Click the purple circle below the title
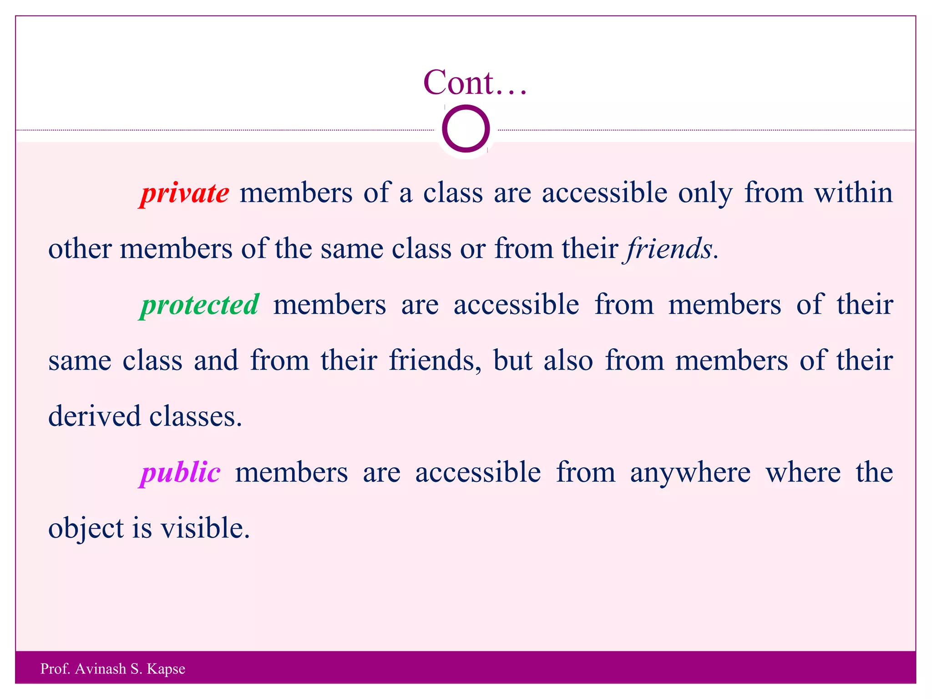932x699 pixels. click(x=466, y=129)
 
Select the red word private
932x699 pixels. click(x=185, y=193)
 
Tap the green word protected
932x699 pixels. click(x=200, y=305)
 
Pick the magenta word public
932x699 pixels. click(x=181, y=472)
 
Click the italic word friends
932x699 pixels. click(x=669, y=249)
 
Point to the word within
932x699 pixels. click(x=853, y=192)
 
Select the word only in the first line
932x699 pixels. click(x=705, y=193)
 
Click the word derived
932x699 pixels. click(x=94, y=416)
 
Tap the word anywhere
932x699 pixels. click(x=690, y=472)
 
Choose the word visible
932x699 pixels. click(x=205, y=528)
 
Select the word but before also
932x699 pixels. click(x=513, y=360)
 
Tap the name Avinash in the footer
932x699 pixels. click(x=101, y=669)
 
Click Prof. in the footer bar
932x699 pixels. click(x=55, y=669)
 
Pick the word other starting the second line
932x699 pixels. click(x=80, y=249)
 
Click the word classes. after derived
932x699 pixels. click(x=196, y=416)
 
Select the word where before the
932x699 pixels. click(x=803, y=472)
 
